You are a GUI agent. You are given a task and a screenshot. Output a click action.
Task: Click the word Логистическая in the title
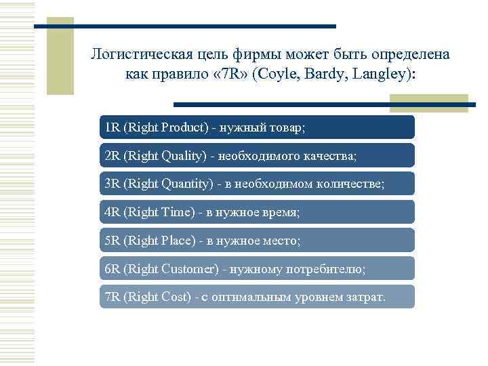click(139, 54)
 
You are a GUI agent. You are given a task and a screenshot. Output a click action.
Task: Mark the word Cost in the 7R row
click(176, 297)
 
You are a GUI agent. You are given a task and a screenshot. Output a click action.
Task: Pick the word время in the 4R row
click(278, 212)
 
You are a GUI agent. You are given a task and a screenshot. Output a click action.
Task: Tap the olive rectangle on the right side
click(428, 102)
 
